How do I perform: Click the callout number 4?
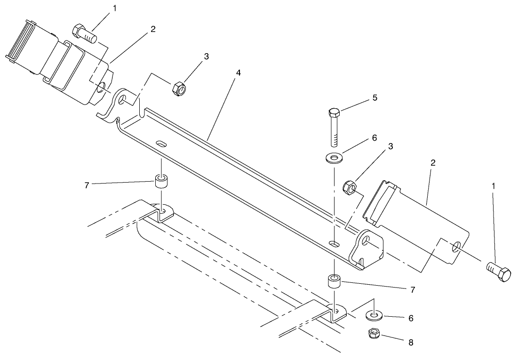pyautogui.click(x=239, y=73)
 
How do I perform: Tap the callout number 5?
pyautogui.click(x=375, y=98)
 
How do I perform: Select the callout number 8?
pyautogui.click(x=411, y=343)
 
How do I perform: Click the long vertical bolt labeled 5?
pyautogui.click(x=334, y=127)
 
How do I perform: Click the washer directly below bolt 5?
pyautogui.click(x=335, y=157)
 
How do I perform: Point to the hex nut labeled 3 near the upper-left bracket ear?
pyautogui.click(x=178, y=88)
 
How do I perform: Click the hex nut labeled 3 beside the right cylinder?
pyautogui.click(x=349, y=188)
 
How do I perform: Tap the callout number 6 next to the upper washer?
pyautogui.click(x=375, y=138)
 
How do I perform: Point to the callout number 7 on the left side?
pyautogui.click(x=86, y=185)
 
